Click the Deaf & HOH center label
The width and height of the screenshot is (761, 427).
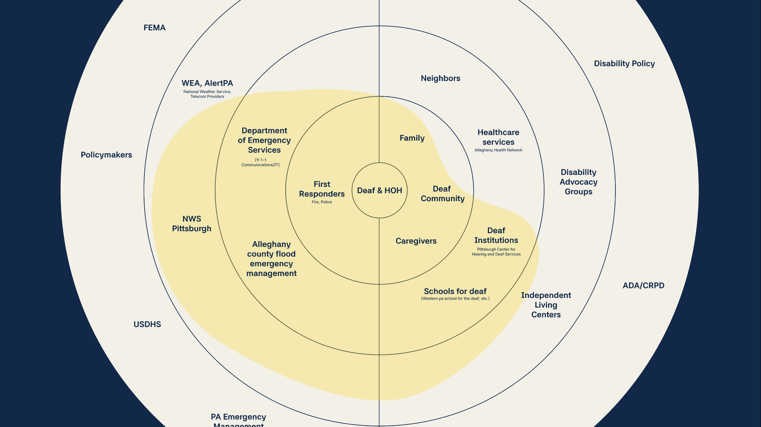pos(379,191)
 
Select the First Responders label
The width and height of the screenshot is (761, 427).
pos(322,189)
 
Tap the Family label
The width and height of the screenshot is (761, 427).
pos(412,138)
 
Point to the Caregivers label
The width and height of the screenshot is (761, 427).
pos(416,241)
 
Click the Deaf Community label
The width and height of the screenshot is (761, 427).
pos(443,194)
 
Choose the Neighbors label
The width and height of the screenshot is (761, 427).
pos(440,78)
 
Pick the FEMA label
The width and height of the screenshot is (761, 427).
pos(154,28)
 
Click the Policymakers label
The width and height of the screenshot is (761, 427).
pos(106,155)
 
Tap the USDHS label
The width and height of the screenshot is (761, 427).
pos(147,324)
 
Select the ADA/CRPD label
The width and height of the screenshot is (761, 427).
pos(644,286)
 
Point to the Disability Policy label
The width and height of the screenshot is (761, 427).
pos(624,64)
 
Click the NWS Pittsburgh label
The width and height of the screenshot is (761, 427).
pos(191,224)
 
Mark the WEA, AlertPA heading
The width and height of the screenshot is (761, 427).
pos(207,83)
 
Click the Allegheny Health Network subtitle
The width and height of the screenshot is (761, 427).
pos(498,150)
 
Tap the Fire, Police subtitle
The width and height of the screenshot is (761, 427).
pos(322,202)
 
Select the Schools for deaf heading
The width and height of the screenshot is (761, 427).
pos(455,291)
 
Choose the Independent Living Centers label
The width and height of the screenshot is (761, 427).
pos(546,305)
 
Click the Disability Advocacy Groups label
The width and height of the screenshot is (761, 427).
pos(578,182)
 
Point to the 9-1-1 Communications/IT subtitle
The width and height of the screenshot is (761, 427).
pos(261,163)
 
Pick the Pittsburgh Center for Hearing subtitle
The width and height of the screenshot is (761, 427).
pos(496,252)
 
